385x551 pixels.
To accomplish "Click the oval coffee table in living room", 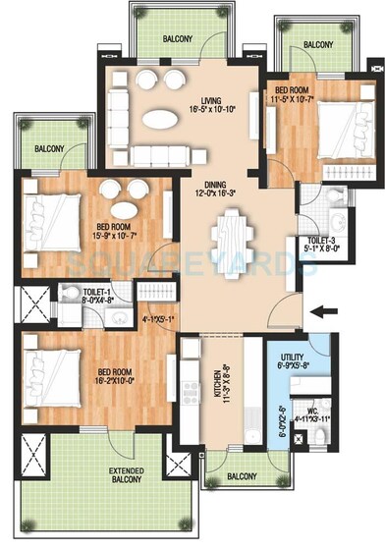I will [x=162, y=119].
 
